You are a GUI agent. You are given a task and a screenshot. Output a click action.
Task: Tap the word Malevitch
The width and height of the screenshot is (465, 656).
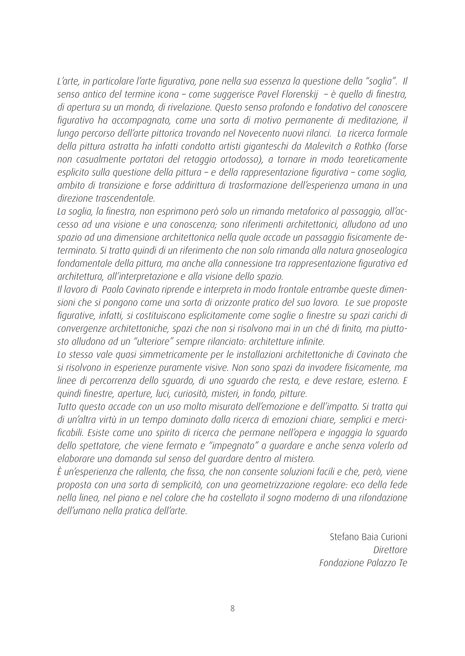327,146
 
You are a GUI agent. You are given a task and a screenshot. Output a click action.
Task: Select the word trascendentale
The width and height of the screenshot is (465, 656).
124,198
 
